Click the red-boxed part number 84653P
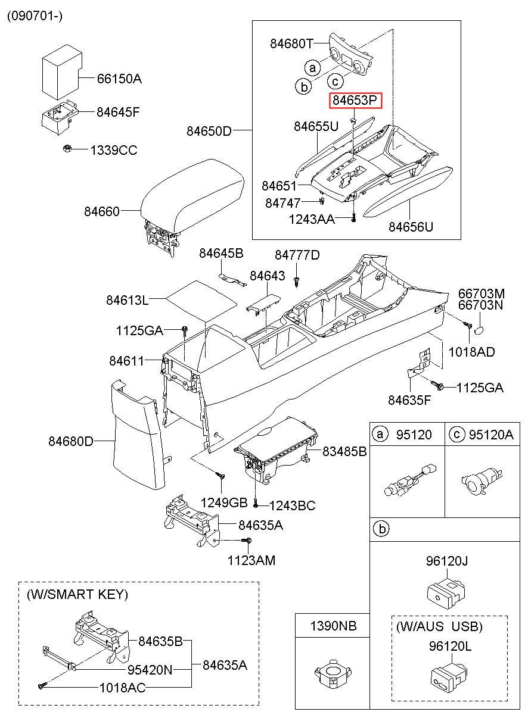(x=356, y=101)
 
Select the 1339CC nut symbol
(x=67, y=148)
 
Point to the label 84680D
(x=71, y=441)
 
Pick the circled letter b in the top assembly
(x=303, y=87)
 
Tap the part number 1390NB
(x=333, y=626)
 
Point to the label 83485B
(x=344, y=452)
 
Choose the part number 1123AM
(x=251, y=560)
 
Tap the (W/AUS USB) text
(x=439, y=626)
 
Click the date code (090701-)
(x=35, y=16)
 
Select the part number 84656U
(x=411, y=226)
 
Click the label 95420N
(x=150, y=670)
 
